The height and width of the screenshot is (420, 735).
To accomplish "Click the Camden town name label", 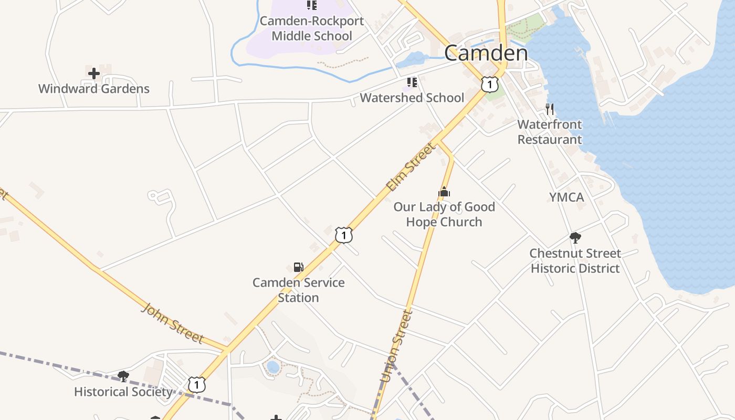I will click(486, 53).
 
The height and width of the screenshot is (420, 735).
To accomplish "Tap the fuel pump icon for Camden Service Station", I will click(298, 267).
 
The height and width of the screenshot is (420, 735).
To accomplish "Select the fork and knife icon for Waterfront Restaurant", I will click(550, 109).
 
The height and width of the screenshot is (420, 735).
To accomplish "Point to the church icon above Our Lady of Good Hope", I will click(444, 192).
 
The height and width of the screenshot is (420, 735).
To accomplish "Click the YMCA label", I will click(566, 197).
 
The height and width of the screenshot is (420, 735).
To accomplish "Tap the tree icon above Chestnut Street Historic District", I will click(575, 238).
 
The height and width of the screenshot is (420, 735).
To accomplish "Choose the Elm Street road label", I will click(411, 166).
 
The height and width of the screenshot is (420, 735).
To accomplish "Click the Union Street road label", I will click(396, 346).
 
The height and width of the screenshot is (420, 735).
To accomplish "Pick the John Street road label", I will click(172, 323).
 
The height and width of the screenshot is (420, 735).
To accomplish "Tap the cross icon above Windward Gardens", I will click(94, 73).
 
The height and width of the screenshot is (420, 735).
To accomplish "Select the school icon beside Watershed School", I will click(412, 82).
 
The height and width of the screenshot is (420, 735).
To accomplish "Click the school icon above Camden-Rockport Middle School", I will click(312, 6).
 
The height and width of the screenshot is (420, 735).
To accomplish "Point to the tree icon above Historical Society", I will click(123, 376).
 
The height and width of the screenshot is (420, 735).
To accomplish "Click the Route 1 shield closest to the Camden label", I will click(489, 83).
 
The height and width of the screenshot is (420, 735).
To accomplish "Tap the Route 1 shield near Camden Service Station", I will click(343, 235).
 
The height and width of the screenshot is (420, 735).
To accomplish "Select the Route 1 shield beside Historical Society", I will click(196, 385).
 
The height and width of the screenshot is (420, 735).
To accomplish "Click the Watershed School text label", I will click(412, 98).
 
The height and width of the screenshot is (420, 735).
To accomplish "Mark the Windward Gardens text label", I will click(94, 89).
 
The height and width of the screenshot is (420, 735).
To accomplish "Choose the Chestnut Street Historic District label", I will click(575, 261).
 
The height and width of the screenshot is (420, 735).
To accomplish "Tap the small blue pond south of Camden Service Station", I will click(273, 366).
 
